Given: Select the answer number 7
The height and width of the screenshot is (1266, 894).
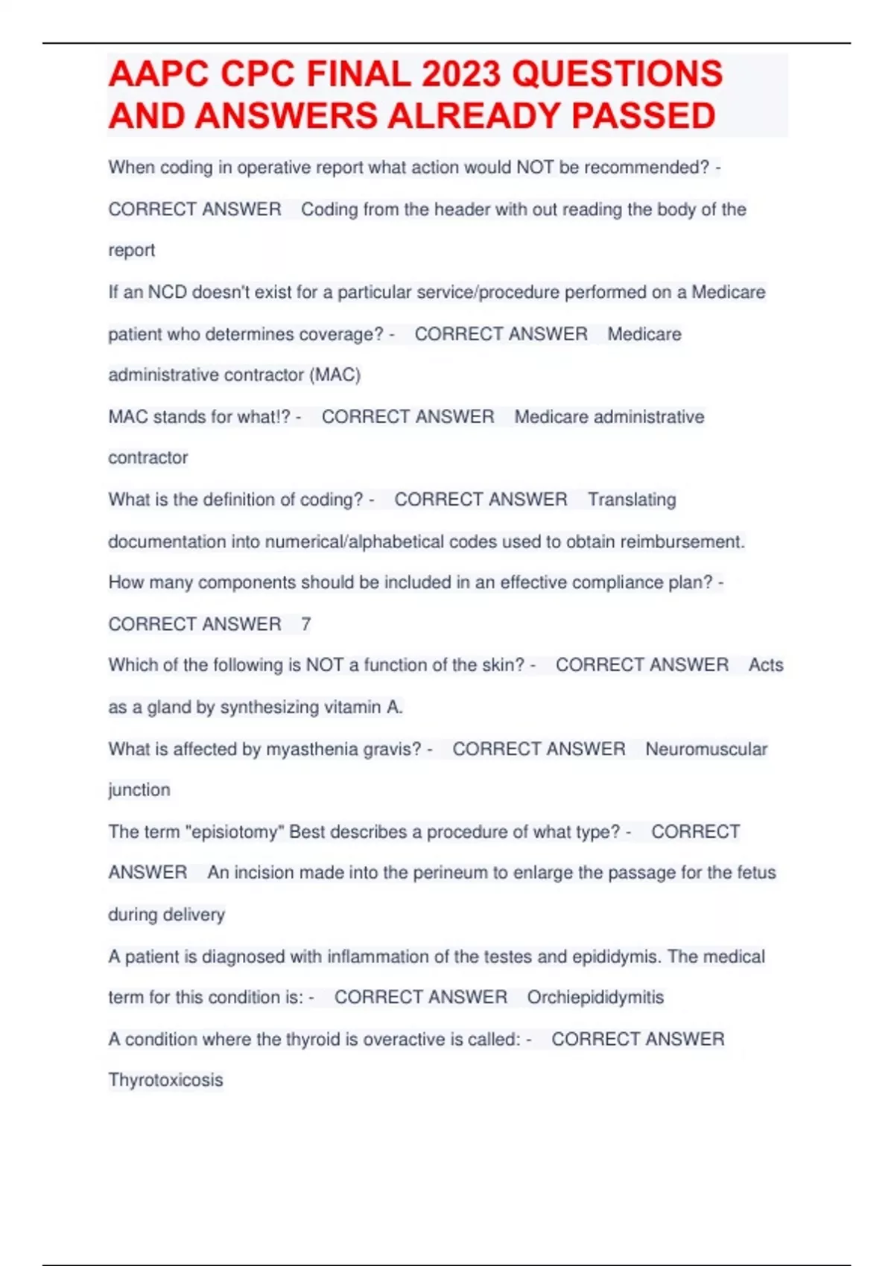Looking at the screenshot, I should tap(305, 624).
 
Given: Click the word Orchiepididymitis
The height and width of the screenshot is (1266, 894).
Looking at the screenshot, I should tap(595, 997).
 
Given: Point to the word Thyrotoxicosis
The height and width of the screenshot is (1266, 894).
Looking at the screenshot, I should tap(165, 1080).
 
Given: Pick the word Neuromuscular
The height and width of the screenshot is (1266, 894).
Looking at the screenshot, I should tap(706, 748).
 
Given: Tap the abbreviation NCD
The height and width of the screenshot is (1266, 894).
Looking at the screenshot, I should tap(167, 292).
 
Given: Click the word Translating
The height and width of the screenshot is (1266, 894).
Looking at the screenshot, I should tap(632, 499).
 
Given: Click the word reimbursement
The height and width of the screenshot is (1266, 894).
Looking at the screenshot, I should tap(682, 541).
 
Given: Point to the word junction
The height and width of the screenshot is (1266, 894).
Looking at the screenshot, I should tap(139, 789).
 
